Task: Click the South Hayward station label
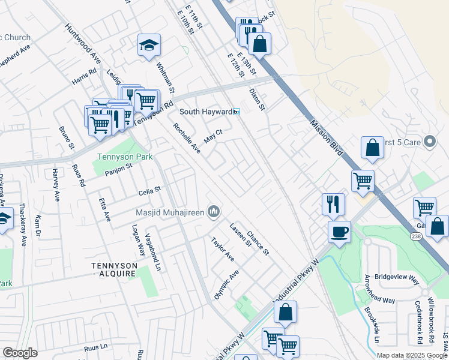coord(206,112)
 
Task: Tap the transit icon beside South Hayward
coord(237,112)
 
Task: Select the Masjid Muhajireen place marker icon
coord(214,211)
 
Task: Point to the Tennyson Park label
coord(125,157)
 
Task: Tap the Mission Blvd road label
coord(327,137)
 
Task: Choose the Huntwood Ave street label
coord(83,44)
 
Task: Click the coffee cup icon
coord(339,232)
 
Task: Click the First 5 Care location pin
coord(429,142)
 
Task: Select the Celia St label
coord(150,190)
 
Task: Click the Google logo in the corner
coord(20,353)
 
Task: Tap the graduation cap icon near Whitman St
coord(149,45)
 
